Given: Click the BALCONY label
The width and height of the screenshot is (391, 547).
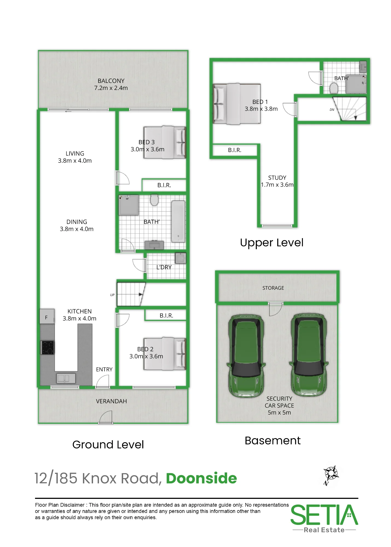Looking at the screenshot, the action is pyautogui.click(x=111, y=81).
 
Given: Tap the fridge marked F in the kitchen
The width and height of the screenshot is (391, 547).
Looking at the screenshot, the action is pyautogui.click(x=47, y=316).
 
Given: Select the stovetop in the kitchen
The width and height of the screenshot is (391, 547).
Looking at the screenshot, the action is pyautogui.click(x=47, y=347).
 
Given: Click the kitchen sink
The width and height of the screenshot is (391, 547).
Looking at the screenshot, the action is pyautogui.click(x=66, y=378).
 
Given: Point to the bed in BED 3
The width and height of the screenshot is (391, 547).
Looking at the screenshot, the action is pyautogui.click(x=164, y=142).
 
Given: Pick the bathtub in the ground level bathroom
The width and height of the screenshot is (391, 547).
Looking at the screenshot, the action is pyautogui.click(x=178, y=222).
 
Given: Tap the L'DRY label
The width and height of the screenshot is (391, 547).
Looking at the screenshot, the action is pyautogui.click(x=164, y=267).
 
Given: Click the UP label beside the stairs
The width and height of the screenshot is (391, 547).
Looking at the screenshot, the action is pyautogui.click(x=112, y=295).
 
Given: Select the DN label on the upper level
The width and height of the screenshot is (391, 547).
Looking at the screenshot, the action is pyautogui.click(x=332, y=110).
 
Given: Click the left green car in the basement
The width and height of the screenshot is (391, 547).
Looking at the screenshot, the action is pyautogui.click(x=246, y=356).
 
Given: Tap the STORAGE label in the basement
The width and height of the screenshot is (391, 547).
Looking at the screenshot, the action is pyautogui.click(x=273, y=288).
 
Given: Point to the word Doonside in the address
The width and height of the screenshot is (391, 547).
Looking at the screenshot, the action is pyautogui.click(x=201, y=478).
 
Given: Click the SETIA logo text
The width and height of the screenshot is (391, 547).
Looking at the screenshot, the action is pyautogui.click(x=324, y=515).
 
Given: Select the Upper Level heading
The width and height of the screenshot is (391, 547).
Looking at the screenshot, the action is pyautogui.click(x=272, y=243).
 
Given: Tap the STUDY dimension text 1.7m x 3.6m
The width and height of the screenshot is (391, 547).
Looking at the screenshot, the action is pyautogui.click(x=277, y=185).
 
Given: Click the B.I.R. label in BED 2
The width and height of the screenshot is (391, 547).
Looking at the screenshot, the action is pyautogui.click(x=166, y=316).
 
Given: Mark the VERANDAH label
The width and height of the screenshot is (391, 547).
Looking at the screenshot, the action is pyautogui.click(x=111, y=401).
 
